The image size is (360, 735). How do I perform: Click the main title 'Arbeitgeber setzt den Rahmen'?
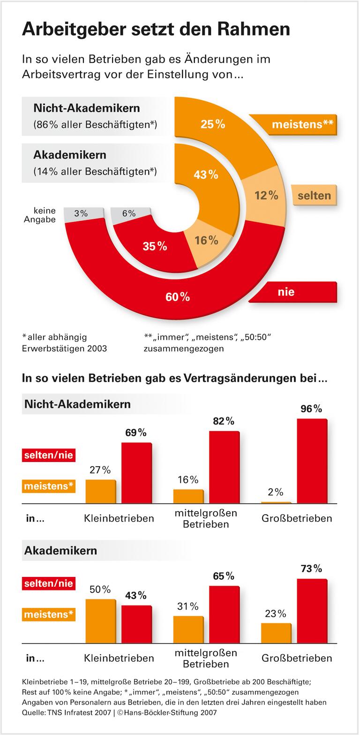click(156, 29)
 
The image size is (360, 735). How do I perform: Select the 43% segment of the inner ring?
click(206, 174)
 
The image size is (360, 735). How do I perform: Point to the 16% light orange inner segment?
click(206, 240)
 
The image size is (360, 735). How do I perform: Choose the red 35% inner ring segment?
click(155, 246)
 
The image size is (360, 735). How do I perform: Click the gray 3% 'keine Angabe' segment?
click(81, 213)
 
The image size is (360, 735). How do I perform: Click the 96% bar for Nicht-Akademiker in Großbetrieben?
click(312, 461)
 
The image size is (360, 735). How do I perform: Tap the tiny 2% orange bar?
click(276, 502)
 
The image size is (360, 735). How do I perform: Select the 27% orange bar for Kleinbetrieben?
click(100, 492)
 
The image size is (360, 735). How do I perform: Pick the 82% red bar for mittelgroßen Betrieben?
click(224, 467)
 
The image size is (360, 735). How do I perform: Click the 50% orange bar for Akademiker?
click(100, 621)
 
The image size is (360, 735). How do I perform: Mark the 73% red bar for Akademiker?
click(312, 611)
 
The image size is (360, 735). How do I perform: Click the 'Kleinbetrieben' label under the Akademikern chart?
click(119, 658)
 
